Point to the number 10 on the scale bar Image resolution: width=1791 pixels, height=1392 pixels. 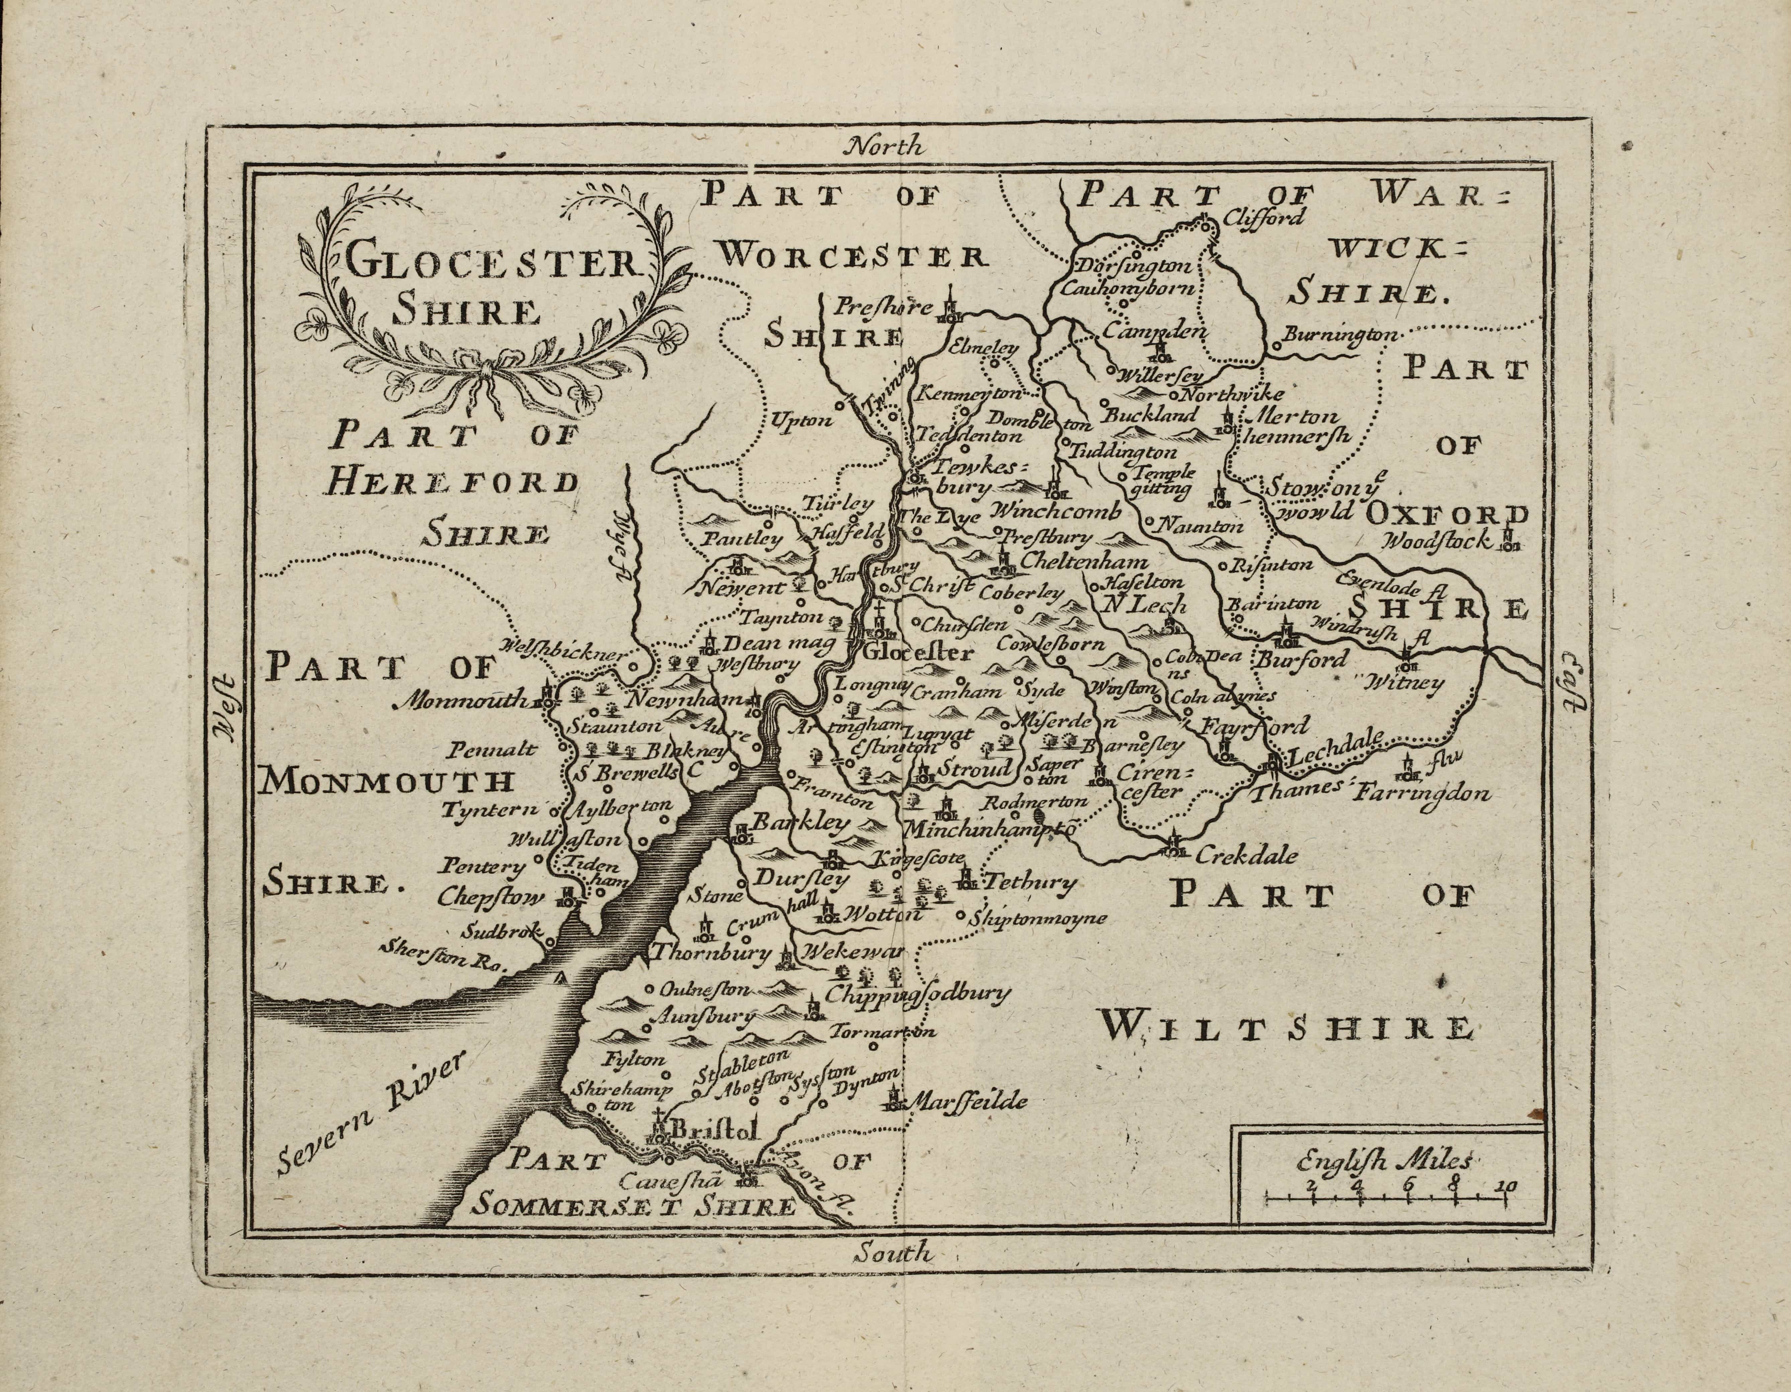pyautogui.click(x=1506, y=1186)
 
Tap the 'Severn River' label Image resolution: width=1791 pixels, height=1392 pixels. pyautogui.click(x=369, y=1111)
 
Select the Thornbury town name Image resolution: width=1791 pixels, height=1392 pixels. pyautogui.click(x=712, y=953)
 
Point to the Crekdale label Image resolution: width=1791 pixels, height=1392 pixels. pyautogui.click(x=1247, y=856)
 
